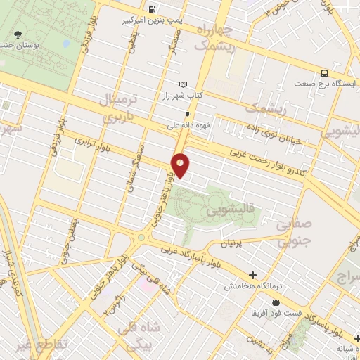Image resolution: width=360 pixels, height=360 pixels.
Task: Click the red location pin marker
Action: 181,165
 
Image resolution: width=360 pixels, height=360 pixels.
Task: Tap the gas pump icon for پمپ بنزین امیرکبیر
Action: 152,9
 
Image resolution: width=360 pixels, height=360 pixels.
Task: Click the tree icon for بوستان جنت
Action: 18,34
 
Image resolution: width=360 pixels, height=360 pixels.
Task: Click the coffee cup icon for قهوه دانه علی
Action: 188,115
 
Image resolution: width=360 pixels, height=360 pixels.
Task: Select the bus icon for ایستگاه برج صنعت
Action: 324,72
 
